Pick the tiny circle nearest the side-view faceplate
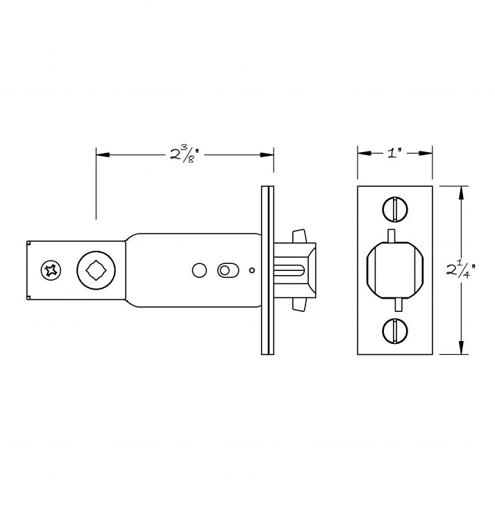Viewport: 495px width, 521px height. click(x=251, y=271)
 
